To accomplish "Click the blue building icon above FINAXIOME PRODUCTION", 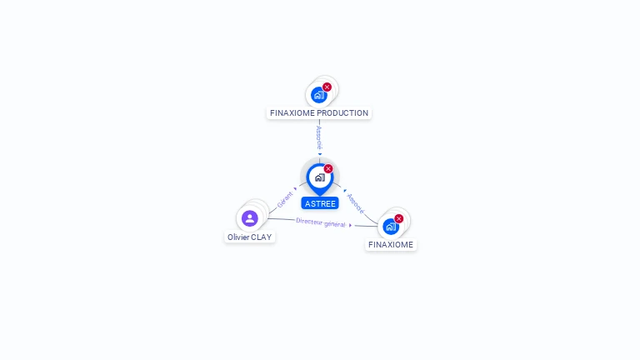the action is [x=319, y=95].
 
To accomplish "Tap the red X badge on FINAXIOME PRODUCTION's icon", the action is [x=327, y=87].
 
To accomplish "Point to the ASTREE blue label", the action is [x=320, y=203].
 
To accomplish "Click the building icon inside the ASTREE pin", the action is [x=320, y=177].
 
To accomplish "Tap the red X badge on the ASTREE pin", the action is [x=328, y=168].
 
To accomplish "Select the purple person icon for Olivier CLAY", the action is [x=250, y=218].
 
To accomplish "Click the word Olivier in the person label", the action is [x=238, y=237].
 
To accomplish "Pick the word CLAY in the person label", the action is [x=261, y=237].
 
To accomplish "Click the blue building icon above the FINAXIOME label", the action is [x=391, y=227].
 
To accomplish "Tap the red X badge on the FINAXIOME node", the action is [x=399, y=219].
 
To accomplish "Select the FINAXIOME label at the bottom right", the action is [x=391, y=245].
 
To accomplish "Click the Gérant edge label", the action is [x=285, y=200].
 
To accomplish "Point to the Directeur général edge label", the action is [x=320, y=222].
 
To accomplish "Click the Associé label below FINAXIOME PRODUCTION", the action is [x=319, y=138].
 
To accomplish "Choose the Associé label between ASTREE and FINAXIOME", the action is [x=356, y=203].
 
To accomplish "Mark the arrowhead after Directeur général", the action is [x=350, y=225].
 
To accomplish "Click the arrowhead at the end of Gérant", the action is [x=295, y=189].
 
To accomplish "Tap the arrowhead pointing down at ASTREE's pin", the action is [x=320, y=154].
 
